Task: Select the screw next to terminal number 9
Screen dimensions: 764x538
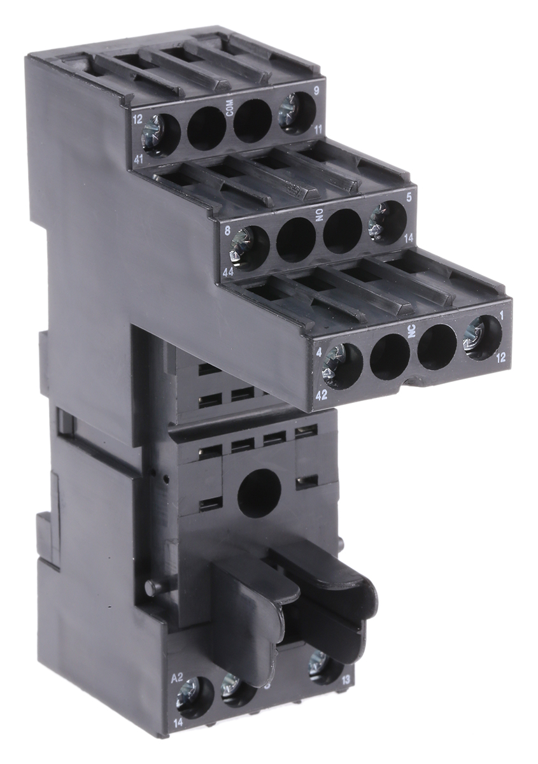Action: (295, 111)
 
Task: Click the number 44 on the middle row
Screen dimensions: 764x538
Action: (227, 271)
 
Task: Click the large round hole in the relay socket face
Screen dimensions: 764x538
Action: (259, 491)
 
